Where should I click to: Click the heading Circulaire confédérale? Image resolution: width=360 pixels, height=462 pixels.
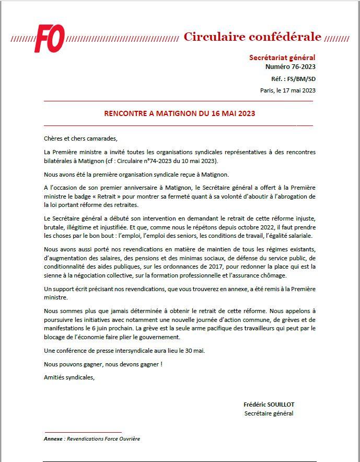click(x=252, y=37)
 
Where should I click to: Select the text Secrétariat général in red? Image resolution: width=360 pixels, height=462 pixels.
click(x=282, y=57)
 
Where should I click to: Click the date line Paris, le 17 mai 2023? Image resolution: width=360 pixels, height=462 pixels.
click(x=287, y=90)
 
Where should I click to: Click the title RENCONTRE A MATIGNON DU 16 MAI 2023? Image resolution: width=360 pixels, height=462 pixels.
click(x=179, y=113)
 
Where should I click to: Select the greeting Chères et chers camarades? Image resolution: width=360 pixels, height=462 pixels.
click(x=81, y=138)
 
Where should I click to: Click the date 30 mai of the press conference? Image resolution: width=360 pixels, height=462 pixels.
click(x=196, y=350)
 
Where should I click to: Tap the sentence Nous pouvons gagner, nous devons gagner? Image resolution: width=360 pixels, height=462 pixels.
click(x=103, y=364)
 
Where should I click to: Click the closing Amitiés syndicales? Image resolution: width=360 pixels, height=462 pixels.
click(x=69, y=377)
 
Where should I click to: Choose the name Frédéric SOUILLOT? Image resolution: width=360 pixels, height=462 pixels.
click(x=269, y=405)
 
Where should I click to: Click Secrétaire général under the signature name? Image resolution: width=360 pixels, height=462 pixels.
click(x=269, y=413)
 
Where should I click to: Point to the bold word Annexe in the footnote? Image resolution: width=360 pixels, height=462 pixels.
click(x=53, y=439)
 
